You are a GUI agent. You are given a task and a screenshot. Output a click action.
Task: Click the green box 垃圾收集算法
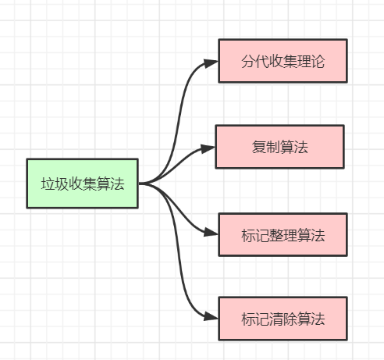[x=82, y=184]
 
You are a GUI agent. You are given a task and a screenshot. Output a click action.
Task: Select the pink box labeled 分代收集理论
[x=282, y=61]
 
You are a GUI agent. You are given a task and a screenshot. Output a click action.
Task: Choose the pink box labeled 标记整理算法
[x=282, y=233]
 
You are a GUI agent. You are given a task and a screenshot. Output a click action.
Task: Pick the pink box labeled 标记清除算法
[x=282, y=318]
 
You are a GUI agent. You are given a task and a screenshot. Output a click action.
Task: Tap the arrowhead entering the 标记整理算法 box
[x=211, y=233]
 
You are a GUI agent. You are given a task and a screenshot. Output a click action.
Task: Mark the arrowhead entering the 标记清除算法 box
[x=211, y=317]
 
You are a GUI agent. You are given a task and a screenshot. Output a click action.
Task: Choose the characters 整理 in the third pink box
[x=283, y=234]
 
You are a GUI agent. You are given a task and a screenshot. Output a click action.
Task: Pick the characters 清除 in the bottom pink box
[x=283, y=319]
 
